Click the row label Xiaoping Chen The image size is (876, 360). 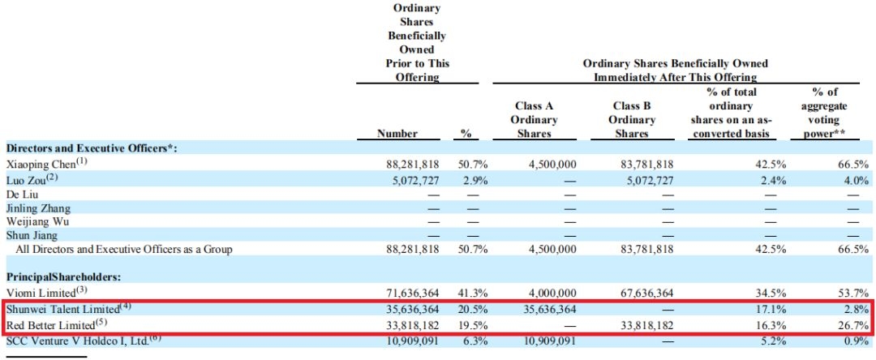(43, 164)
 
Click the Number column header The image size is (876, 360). (398, 133)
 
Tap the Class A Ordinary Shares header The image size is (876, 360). (535, 120)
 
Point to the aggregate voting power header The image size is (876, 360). (830, 113)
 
